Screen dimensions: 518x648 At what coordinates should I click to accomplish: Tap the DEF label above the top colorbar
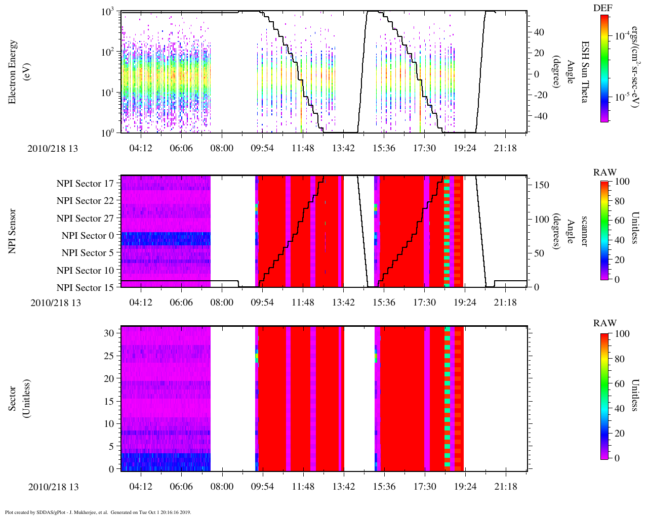pyautogui.click(x=602, y=8)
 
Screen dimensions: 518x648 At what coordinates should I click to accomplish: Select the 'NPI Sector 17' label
pyautogui.click(x=85, y=184)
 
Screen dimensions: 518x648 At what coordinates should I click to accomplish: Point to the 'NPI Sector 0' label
pyautogui.click(x=88, y=236)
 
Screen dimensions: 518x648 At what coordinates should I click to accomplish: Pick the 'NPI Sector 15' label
pyautogui.click(x=85, y=288)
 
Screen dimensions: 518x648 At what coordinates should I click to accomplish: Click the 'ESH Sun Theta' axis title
pyautogui.click(x=584, y=72)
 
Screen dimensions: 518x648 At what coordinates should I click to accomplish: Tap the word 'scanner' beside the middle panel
pyautogui.click(x=584, y=231)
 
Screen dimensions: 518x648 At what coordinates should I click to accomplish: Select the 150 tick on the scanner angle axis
pyautogui.click(x=542, y=185)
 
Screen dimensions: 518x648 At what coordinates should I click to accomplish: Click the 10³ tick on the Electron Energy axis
pyautogui.click(x=108, y=12)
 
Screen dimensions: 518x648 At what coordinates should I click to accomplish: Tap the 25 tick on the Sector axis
pyautogui.click(x=109, y=356)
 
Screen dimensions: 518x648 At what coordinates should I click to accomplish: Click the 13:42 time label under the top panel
pyautogui.click(x=343, y=148)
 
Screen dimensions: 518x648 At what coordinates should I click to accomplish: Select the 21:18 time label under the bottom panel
pyautogui.click(x=505, y=487)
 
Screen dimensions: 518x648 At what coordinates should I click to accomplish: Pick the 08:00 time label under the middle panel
pyautogui.click(x=222, y=303)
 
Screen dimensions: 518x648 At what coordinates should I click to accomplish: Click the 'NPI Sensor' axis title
pyautogui.click(x=12, y=231)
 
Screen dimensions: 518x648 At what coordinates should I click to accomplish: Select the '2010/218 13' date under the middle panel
pyautogui.click(x=56, y=303)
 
